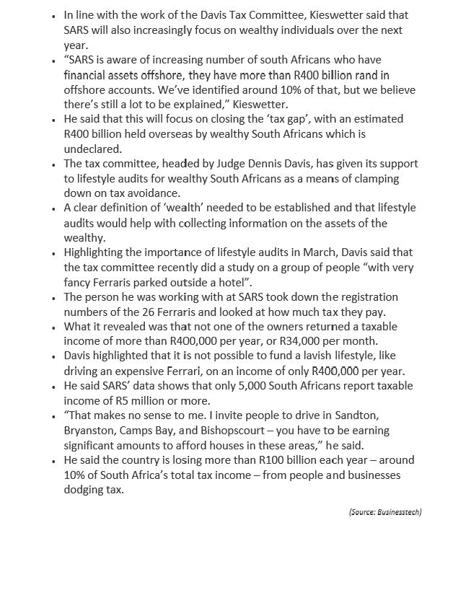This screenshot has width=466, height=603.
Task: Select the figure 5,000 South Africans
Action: [x=230, y=386]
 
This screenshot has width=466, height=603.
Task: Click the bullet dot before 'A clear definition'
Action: [x=54, y=208]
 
